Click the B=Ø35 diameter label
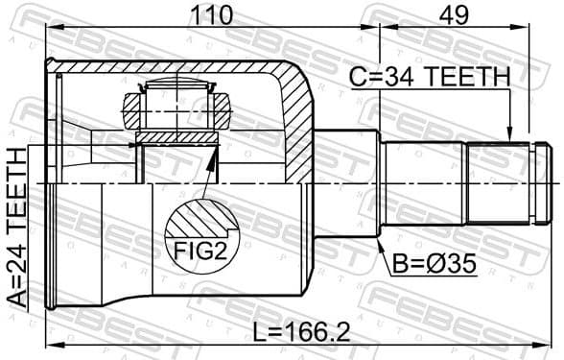pyautogui.click(x=432, y=260)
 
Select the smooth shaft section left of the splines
pyautogui.click(x=422, y=182)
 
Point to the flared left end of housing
pyautogui.click(x=56, y=182)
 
